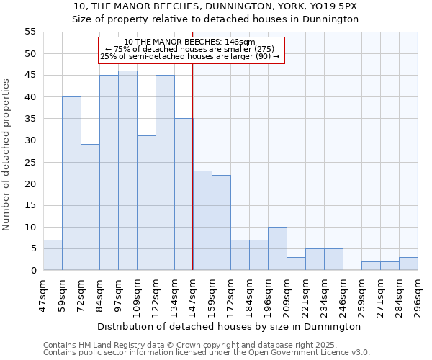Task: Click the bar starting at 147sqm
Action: pyautogui.click(x=202, y=220)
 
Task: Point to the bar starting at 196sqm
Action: pyautogui.click(x=277, y=248)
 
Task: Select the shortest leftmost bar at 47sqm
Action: pyautogui.click(x=53, y=255)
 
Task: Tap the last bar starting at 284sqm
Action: pyautogui.click(x=408, y=264)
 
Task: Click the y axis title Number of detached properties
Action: pyautogui.click(x=6, y=155)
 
